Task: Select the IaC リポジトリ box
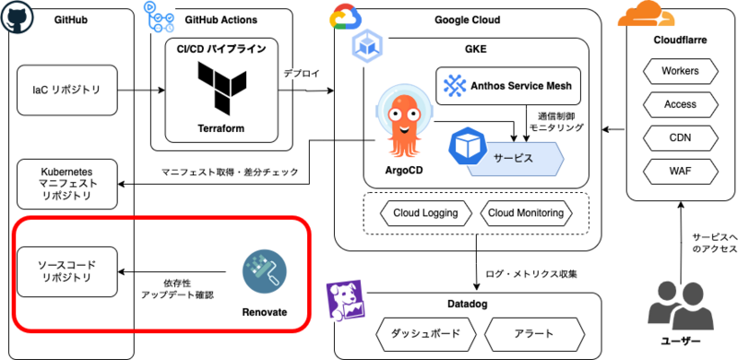66,90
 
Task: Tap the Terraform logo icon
222,90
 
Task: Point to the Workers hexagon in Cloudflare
680,71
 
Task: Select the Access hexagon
680,104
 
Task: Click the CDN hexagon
680,138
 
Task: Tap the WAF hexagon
680,172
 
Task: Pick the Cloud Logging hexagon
425,213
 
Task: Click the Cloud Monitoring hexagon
526,213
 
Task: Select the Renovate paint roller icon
265,272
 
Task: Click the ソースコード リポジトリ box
66,271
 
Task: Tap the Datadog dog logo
345,301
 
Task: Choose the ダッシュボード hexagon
425,334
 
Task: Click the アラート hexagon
534,334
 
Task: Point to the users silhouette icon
680,306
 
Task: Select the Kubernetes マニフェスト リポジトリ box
66,185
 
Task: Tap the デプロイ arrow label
302,74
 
